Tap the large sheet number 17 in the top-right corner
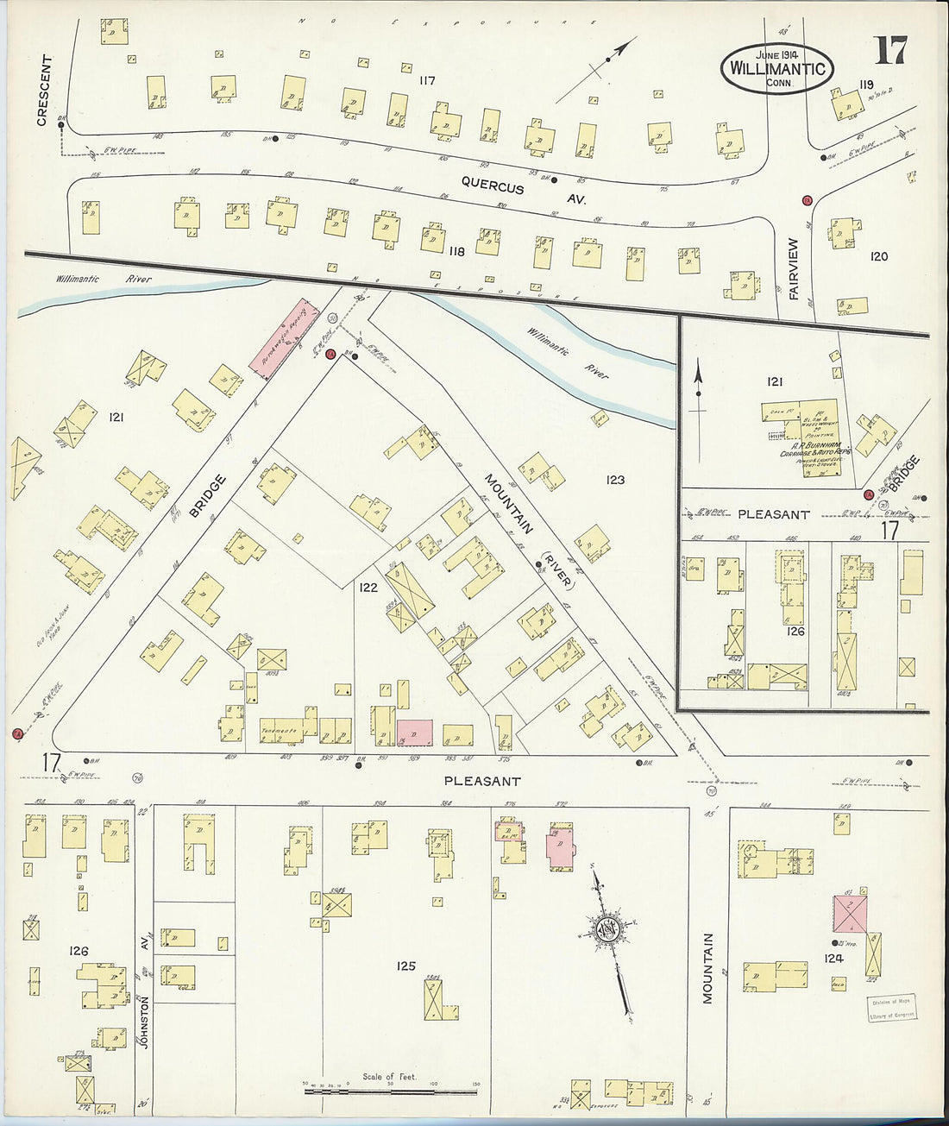click(x=889, y=53)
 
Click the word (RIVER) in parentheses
click(x=557, y=571)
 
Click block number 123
click(x=614, y=480)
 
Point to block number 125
click(x=406, y=966)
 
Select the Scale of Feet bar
click(x=390, y=1091)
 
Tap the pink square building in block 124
click(x=850, y=913)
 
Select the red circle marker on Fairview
click(x=808, y=201)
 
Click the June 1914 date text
click(x=773, y=53)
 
